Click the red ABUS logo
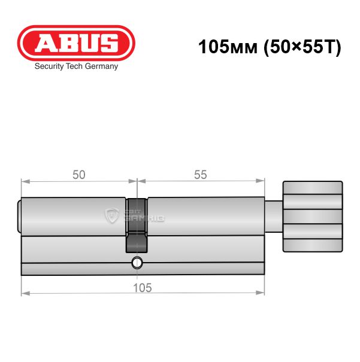76,43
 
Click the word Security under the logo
49,66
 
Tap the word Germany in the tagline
101,66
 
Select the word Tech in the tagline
74,66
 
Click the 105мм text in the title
228,47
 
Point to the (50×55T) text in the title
302,47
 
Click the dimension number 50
79,175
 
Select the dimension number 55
200,175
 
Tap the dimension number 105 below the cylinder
143,288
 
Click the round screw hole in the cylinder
137,263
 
